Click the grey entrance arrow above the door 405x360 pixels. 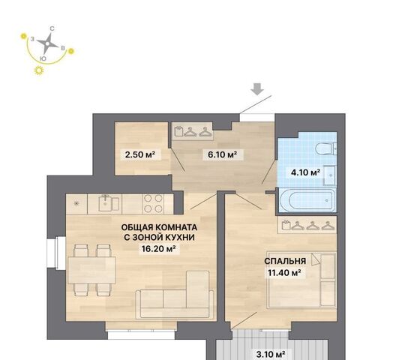point(257,89)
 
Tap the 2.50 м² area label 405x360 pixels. point(140,154)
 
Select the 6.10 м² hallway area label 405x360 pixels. point(223,154)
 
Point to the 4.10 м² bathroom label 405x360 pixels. point(305,172)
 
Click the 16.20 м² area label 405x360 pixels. point(159,249)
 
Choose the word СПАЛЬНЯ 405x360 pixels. point(285,261)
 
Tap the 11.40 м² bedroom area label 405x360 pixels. point(285,272)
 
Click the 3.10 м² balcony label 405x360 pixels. point(271,353)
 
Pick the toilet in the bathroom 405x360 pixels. point(326,148)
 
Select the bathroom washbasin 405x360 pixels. point(330,175)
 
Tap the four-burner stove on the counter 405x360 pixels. point(153,203)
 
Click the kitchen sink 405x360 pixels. point(109,204)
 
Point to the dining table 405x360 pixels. point(91,270)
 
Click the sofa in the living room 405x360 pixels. point(175,295)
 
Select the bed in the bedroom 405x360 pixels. point(301,280)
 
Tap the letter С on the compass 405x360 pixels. point(52,28)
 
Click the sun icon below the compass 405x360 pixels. point(39,70)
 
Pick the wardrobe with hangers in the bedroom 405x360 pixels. point(307,225)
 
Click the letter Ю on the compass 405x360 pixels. point(43,59)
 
